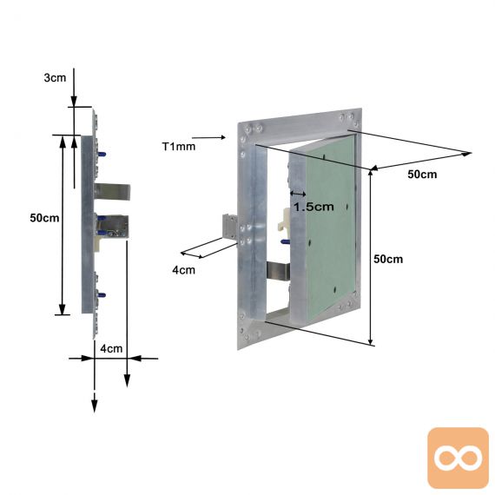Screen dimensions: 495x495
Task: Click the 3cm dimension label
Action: (x=55, y=77)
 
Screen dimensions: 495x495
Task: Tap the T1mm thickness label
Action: (x=179, y=147)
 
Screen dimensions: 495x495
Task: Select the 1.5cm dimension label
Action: (x=313, y=207)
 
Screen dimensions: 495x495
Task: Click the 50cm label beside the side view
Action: (x=44, y=218)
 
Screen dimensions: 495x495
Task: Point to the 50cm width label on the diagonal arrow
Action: (x=422, y=175)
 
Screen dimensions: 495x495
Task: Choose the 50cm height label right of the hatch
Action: (x=388, y=259)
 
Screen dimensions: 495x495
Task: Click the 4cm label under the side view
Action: (x=111, y=348)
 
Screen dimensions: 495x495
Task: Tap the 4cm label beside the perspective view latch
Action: (x=183, y=270)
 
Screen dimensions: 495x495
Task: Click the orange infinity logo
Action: (x=458, y=458)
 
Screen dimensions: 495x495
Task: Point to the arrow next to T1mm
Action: (x=208, y=137)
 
